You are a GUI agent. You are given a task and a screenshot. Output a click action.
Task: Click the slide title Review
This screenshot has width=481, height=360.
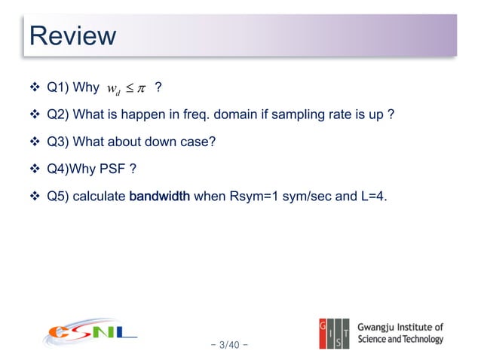pos(72,35)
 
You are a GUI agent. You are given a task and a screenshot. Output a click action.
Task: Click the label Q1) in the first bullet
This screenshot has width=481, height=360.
pos(59,88)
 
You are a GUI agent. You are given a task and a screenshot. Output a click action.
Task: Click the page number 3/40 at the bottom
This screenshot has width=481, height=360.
pos(231,346)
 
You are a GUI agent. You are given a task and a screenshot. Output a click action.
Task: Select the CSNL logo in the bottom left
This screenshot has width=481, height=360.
pos(83,333)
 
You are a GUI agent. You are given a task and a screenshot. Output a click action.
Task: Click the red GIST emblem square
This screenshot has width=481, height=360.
pos(333,333)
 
